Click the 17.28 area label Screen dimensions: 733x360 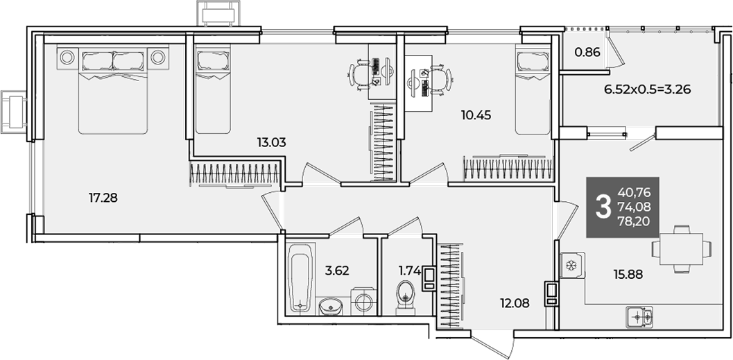coord(103,198)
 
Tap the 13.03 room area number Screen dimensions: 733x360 coord(271,142)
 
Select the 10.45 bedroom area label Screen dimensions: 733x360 coord(476,115)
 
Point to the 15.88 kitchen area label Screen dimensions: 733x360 coord(628,275)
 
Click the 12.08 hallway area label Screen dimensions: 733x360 coord(515,303)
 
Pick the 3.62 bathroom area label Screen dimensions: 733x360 coord(338,271)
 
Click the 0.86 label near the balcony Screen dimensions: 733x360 coord(587,52)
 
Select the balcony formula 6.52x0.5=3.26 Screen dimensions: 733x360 coord(648,89)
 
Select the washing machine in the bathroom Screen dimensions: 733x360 coord(363,302)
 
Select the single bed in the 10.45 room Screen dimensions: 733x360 coord(533,89)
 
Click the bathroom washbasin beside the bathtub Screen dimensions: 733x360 coord(331,307)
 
